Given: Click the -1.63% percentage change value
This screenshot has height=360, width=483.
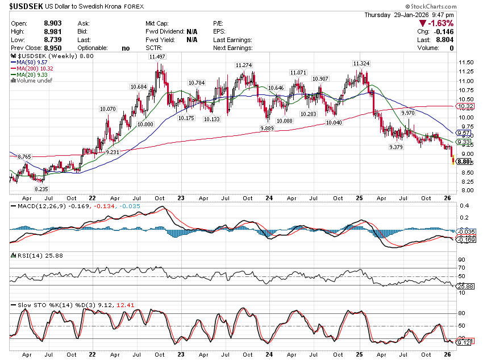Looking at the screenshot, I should pos(440,23).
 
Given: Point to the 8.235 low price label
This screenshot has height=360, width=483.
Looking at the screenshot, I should pos(40,188).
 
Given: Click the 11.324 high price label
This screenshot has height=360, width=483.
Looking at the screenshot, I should pos(361,63).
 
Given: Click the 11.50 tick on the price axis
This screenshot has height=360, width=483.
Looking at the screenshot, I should pos(467,63).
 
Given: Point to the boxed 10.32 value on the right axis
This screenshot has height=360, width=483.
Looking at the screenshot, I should pos(465,106).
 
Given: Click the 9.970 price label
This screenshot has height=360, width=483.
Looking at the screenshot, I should pos(408,113).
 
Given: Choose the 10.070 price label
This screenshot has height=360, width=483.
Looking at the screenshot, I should pos(107,109).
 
